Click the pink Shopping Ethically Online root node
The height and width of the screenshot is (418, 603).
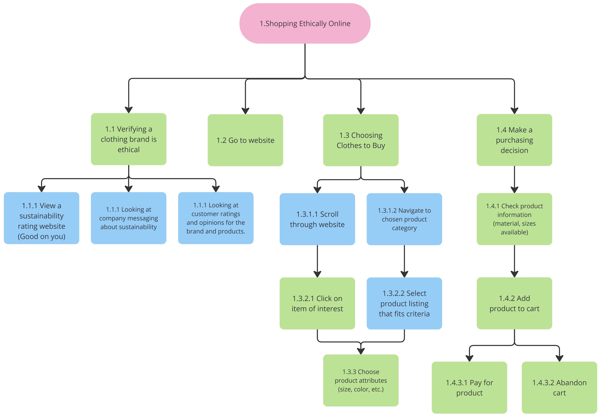(305, 23)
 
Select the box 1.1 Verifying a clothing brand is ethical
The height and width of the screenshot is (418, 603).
(128, 139)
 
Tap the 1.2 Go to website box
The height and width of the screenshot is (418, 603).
(245, 140)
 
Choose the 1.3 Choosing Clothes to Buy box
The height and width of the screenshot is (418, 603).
(361, 140)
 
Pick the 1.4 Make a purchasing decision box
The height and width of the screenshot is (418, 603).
(514, 140)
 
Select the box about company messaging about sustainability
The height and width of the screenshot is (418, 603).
(128, 218)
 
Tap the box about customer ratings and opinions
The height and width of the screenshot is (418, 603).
(215, 218)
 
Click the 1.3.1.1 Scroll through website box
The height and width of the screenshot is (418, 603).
(317, 219)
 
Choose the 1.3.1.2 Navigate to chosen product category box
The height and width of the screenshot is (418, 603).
(404, 219)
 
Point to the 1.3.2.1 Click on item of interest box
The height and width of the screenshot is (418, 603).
(317, 303)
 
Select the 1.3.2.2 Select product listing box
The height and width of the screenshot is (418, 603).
(404, 303)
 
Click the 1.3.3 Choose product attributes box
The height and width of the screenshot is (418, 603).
(361, 380)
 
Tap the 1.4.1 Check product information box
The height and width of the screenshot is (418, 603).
(514, 219)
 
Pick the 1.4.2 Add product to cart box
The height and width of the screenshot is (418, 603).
(514, 303)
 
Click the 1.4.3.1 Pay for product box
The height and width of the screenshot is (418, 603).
(469, 387)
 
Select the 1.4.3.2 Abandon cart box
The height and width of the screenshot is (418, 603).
(559, 387)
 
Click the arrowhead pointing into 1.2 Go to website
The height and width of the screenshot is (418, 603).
(245, 111)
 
